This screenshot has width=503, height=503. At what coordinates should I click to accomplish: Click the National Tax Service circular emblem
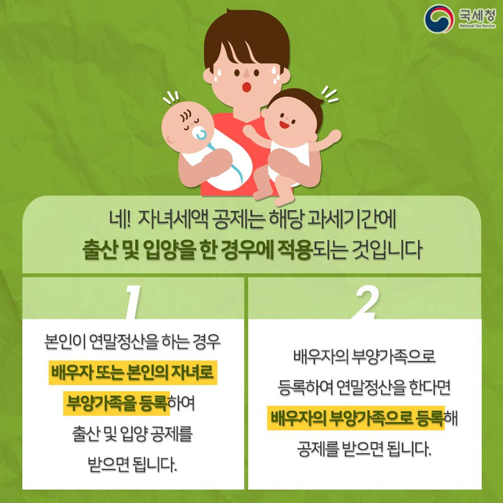[x=439, y=19]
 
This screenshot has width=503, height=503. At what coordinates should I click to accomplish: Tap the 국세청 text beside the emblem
[x=477, y=15]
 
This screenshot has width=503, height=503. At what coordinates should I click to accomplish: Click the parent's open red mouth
[x=246, y=87]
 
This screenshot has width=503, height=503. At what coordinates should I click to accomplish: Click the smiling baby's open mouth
[x=285, y=124]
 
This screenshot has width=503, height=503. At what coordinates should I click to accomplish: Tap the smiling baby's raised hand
[x=333, y=137]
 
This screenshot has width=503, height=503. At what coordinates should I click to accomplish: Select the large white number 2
[x=365, y=302]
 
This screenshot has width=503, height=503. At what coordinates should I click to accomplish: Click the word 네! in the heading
[x=119, y=220]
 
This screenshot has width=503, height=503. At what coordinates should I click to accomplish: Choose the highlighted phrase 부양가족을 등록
[x=116, y=403]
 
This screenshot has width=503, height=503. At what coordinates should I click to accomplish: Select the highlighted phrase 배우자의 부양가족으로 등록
[x=356, y=418]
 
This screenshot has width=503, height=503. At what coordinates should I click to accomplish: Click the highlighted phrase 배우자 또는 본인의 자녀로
[x=133, y=373]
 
